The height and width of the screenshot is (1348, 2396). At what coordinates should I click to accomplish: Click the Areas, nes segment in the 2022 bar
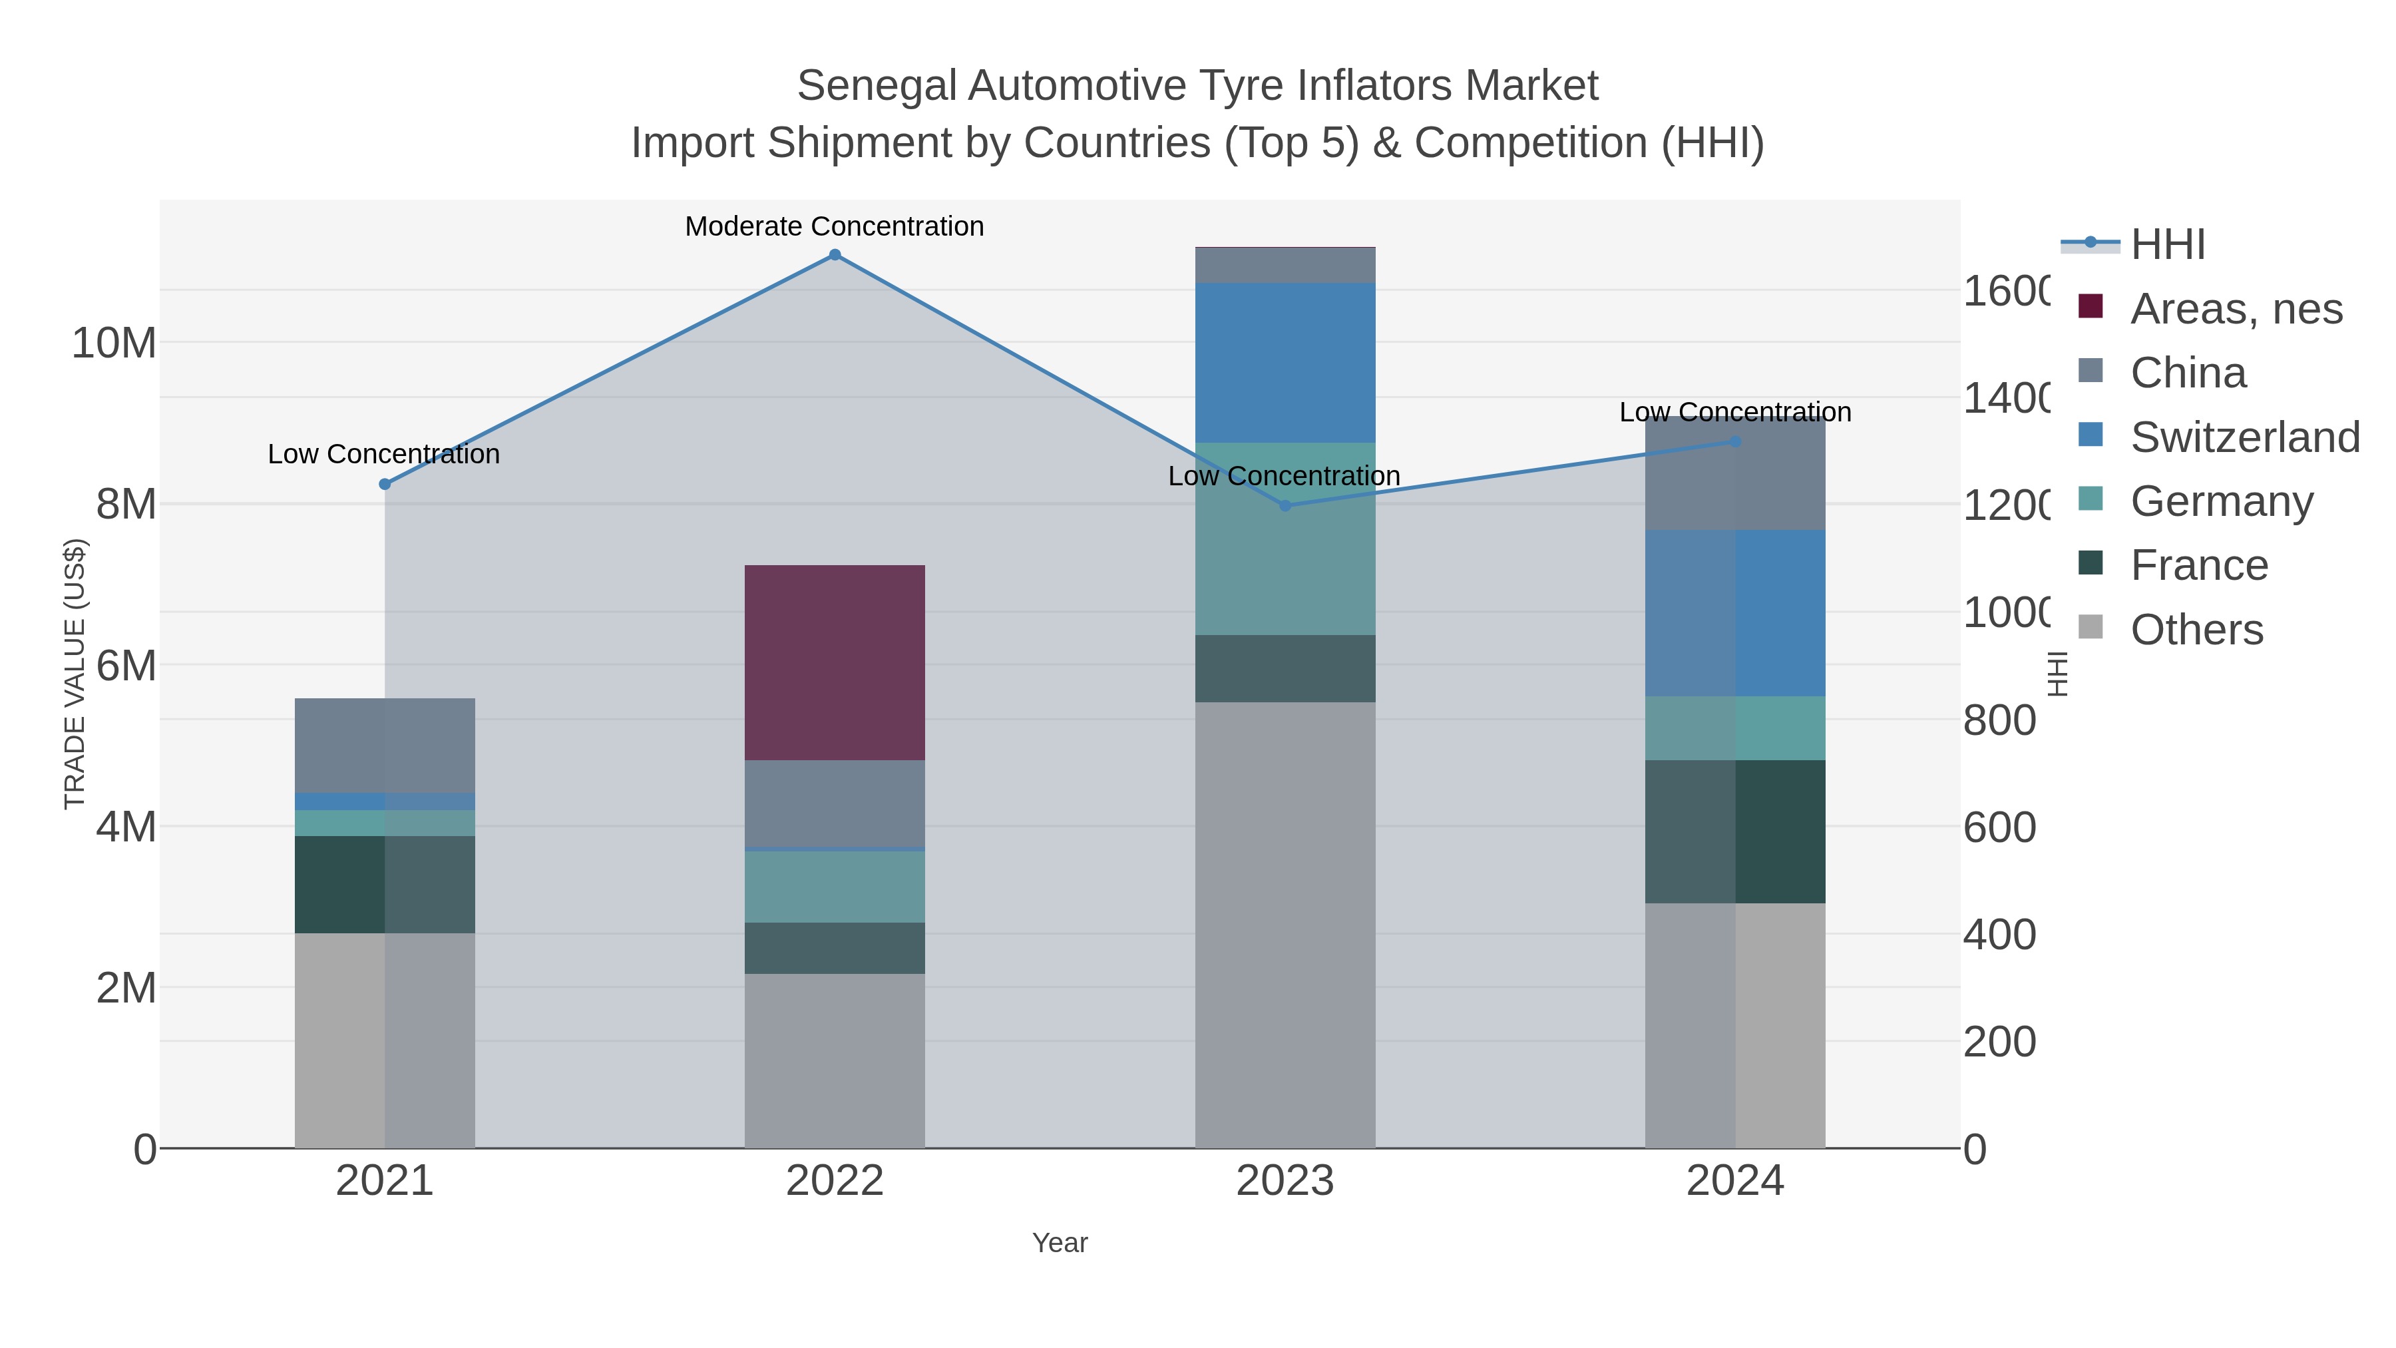point(835,662)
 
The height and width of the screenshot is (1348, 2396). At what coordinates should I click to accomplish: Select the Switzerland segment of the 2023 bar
point(1285,363)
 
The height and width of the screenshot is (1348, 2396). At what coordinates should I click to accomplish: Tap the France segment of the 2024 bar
point(1734,831)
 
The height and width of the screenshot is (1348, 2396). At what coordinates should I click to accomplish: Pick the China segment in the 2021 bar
point(384,744)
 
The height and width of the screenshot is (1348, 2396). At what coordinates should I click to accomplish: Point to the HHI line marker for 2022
point(835,255)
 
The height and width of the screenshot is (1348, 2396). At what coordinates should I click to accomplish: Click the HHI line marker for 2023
point(1285,506)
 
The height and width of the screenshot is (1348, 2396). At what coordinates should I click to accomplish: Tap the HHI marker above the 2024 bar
point(1734,442)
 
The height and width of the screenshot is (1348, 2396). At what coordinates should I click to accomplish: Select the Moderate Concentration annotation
point(835,226)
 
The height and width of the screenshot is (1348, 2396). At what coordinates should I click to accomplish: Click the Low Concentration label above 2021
point(383,454)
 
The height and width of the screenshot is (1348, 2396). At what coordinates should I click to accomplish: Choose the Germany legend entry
point(2221,501)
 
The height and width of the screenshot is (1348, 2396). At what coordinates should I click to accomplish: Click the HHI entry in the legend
point(2167,245)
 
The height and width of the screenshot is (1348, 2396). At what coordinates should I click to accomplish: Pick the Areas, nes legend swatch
point(2090,306)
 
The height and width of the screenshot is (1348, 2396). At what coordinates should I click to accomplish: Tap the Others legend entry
point(2196,630)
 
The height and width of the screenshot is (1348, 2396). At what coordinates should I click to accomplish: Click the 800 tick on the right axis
point(1999,721)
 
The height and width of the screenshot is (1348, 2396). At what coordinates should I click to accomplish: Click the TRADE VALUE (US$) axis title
point(75,674)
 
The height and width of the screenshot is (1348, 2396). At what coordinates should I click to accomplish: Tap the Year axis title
point(1060,1243)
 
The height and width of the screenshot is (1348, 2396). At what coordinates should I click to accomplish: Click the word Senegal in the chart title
point(876,86)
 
